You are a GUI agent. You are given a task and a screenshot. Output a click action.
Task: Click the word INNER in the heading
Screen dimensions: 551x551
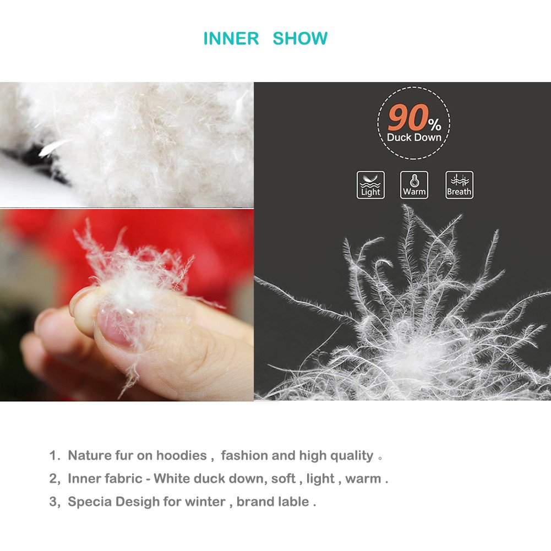(231, 39)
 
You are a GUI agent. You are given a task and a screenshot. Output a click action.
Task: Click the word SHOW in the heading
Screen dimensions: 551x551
(300, 39)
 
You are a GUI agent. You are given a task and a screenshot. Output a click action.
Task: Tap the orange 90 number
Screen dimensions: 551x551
(408, 117)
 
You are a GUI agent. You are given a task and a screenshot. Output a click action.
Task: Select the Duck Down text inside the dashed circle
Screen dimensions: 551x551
(414, 138)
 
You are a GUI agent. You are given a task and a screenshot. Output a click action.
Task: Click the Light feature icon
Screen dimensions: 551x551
(370, 185)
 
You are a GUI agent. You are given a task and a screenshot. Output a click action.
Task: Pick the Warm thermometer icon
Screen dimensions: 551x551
(414, 185)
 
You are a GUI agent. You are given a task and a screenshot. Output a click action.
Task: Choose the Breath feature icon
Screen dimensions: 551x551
(459, 185)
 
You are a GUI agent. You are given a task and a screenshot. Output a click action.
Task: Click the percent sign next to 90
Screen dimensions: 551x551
(435, 124)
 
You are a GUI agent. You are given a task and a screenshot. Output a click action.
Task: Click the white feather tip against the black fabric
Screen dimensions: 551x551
(52, 148)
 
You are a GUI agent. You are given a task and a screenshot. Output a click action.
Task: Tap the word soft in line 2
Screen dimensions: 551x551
(283, 478)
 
